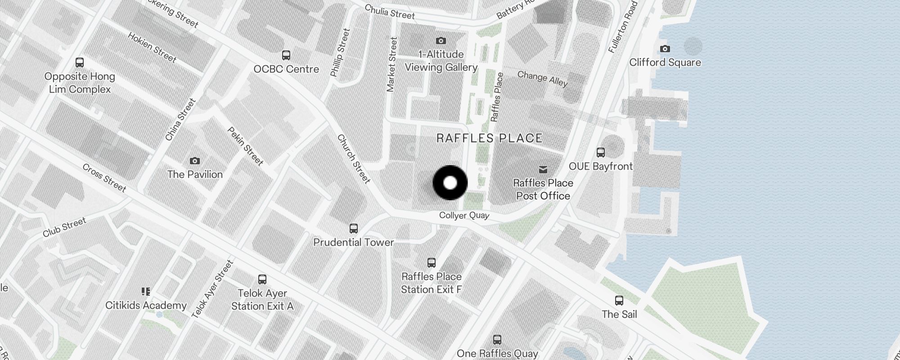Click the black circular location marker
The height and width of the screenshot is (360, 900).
[450, 183]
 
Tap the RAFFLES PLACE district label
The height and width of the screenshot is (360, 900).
[489, 138]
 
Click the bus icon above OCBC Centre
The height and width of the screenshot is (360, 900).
[286, 55]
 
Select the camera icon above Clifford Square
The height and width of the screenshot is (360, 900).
[665, 49]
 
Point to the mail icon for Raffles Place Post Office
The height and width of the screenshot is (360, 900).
[543, 169]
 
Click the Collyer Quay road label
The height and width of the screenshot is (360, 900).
[464, 216]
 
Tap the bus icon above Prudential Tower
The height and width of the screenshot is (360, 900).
[354, 229]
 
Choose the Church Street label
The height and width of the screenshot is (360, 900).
[354, 159]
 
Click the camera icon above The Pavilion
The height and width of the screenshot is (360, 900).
[195, 161]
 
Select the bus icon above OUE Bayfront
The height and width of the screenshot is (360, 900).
[601, 152]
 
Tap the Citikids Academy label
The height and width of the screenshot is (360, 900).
[146, 305]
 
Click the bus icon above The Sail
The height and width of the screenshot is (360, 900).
[619, 300]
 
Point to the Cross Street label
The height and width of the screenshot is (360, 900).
[104, 177]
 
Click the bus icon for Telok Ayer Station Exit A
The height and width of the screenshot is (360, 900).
[262, 279]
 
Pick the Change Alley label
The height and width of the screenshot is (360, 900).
[542, 79]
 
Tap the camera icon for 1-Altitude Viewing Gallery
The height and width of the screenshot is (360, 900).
[441, 41]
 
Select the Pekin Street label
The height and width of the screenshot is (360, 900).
[245, 146]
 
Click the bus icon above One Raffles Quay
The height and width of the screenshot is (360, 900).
[497, 339]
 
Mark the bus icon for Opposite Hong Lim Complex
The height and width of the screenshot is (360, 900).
[80, 63]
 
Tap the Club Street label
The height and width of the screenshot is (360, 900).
[64, 227]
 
